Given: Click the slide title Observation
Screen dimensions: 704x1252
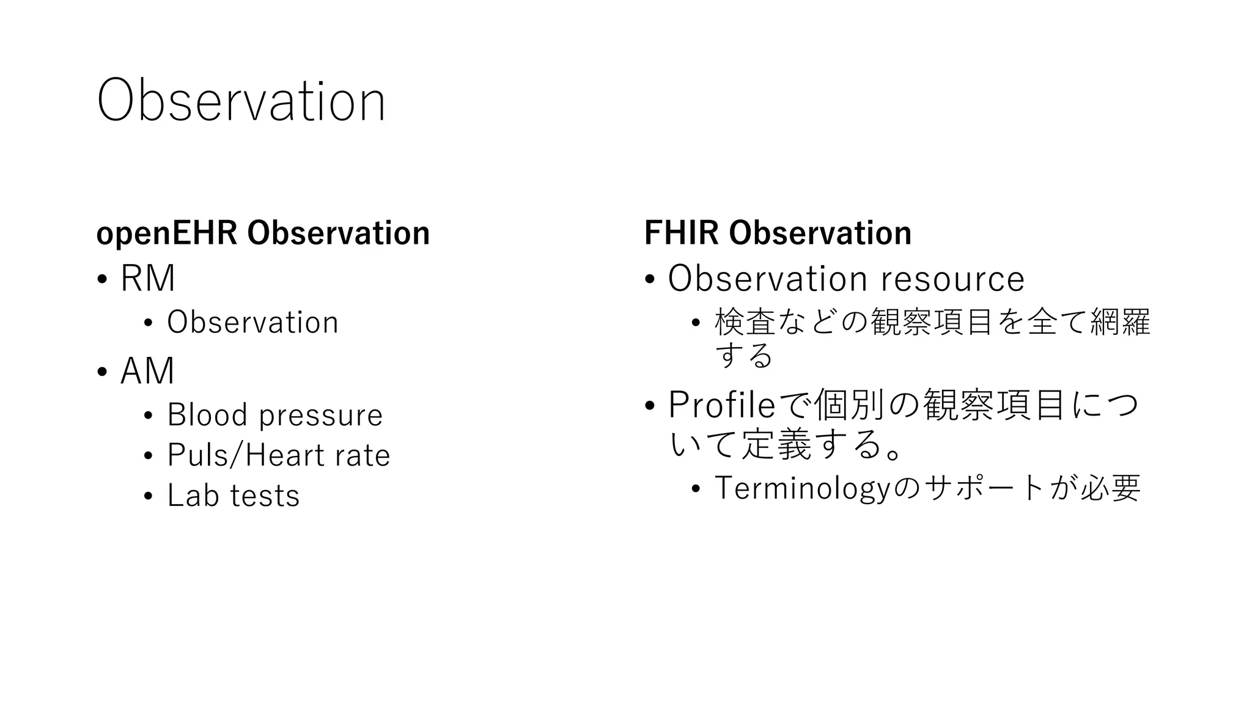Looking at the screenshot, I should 241,101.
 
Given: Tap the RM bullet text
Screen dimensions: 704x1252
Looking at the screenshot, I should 147,279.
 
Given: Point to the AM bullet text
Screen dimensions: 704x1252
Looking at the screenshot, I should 147,371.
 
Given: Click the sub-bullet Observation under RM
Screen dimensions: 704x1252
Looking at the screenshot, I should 252,323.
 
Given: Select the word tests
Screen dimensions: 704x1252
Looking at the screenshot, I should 265,496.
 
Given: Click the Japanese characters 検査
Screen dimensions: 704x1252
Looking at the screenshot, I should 745,323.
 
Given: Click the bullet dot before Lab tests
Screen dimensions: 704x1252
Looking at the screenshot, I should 147,497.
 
